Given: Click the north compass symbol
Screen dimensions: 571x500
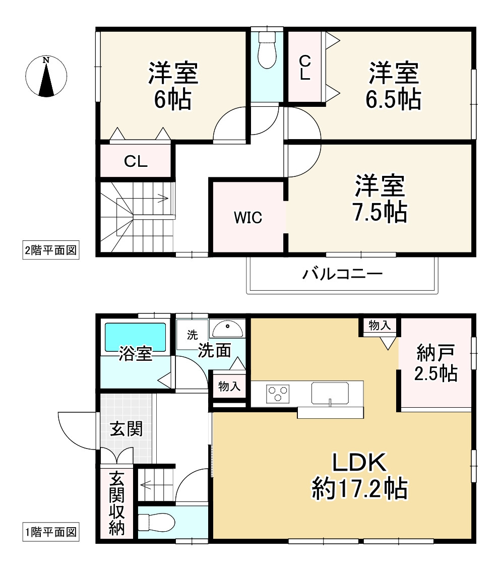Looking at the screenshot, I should [x=46, y=76].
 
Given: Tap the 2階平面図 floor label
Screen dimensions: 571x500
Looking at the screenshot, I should [x=51, y=250].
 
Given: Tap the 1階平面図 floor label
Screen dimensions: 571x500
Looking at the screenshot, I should [x=51, y=532].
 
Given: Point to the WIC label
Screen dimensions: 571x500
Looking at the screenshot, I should [x=247, y=218].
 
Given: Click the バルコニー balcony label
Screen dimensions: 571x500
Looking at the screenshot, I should [x=342, y=275].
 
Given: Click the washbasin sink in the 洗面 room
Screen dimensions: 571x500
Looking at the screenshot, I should [x=227, y=329].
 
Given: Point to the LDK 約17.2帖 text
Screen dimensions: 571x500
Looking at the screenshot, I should [x=359, y=475].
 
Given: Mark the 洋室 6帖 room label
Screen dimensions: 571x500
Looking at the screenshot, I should [x=173, y=86].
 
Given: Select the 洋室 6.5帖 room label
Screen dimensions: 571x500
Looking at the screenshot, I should [x=394, y=86].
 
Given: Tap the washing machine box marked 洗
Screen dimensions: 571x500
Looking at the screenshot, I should [x=192, y=334].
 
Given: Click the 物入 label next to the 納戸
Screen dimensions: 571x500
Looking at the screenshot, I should [x=380, y=326].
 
